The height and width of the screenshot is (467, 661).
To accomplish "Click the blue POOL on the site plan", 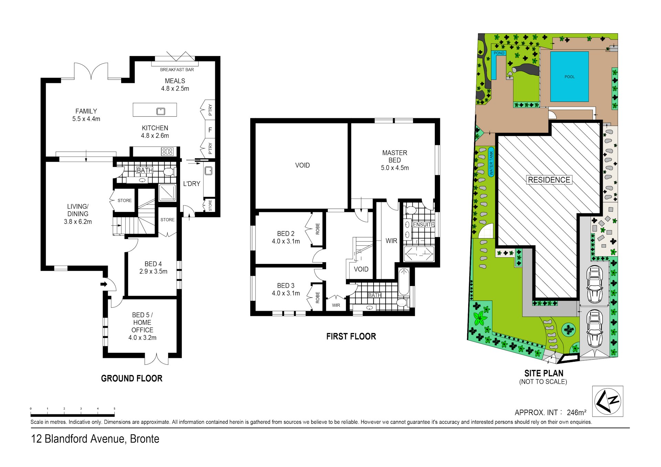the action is click(x=569, y=76).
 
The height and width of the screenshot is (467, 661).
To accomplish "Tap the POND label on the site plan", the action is click(x=499, y=53).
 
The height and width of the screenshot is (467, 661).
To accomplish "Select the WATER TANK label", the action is click(x=491, y=163).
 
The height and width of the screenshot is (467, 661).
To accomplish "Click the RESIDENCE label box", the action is click(x=549, y=180).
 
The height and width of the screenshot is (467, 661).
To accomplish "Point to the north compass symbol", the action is click(x=608, y=401).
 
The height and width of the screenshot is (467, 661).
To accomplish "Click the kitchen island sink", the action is click(x=161, y=111).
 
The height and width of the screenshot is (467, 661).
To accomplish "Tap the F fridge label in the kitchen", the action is click(x=210, y=130).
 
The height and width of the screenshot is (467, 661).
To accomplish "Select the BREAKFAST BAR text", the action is click(x=177, y=70).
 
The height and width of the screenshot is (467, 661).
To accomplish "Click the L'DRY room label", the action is click(x=192, y=184).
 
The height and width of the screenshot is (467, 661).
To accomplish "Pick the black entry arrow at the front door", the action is click(x=104, y=284).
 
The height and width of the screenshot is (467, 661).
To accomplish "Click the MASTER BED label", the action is click(x=395, y=156).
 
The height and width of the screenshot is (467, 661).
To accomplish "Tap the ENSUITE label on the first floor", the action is click(x=423, y=225).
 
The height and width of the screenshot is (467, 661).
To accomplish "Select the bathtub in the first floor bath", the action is click(x=404, y=282).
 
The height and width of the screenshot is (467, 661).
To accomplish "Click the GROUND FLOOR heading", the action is click(x=132, y=379).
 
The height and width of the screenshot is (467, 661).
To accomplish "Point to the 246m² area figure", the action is click(x=576, y=412).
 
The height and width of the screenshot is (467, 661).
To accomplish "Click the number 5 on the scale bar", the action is click(x=114, y=409).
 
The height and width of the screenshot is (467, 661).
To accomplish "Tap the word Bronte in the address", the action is click(x=145, y=439).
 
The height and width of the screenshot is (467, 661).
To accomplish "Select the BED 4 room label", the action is click(x=153, y=264).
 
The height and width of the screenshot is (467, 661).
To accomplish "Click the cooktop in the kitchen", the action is click(x=167, y=151).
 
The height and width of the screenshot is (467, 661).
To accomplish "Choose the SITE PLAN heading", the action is click(x=544, y=373).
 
